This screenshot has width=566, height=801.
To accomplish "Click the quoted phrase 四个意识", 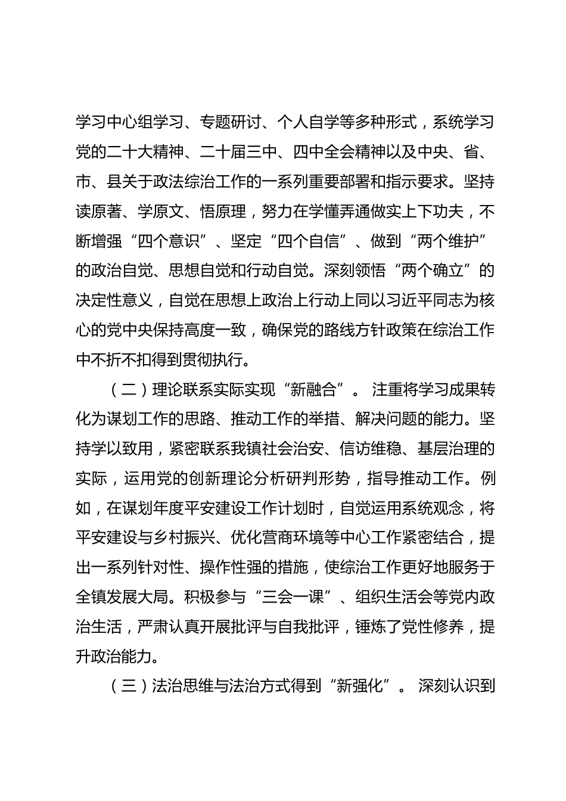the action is pyautogui.click(x=169, y=241).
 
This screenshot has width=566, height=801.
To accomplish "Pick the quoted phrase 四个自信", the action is pyautogui.click(x=316, y=241).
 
